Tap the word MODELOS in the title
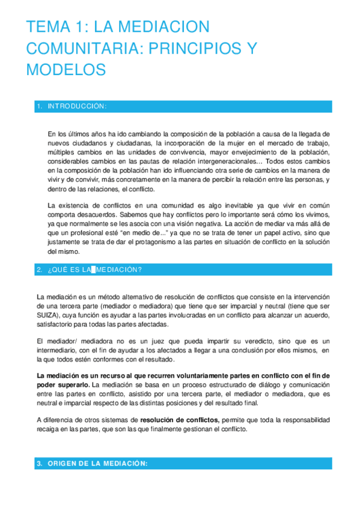(66, 69)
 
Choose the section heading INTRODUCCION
(79, 106)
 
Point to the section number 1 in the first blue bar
(38, 106)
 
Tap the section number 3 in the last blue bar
(39, 464)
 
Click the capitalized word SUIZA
(47, 315)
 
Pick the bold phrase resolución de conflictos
(180, 420)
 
